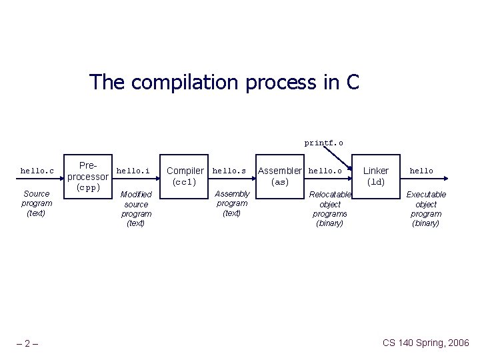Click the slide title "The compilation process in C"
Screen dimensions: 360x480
(x=224, y=83)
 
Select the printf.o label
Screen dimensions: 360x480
(x=324, y=143)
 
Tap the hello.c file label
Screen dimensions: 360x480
(x=37, y=171)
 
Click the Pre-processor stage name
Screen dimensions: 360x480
(x=87, y=171)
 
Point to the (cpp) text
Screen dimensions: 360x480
(x=87, y=188)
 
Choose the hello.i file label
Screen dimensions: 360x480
(x=133, y=171)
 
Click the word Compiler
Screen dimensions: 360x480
(x=185, y=171)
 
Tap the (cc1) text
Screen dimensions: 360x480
(x=185, y=182)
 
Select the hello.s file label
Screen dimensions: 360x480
(x=229, y=171)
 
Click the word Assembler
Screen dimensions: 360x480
(x=280, y=171)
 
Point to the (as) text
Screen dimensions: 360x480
(x=280, y=182)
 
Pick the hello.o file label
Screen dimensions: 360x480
(x=325, y=171)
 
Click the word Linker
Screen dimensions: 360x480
(x=375, y=171)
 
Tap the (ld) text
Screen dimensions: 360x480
(x=376, y=182)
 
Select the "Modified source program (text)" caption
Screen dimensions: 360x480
(x=136, y=209)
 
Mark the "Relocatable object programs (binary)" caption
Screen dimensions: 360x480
(x=330, y=209)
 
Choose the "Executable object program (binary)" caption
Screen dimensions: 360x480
(x=426, y=209)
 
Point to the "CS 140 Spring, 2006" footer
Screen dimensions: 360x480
(x=425, y=343)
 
